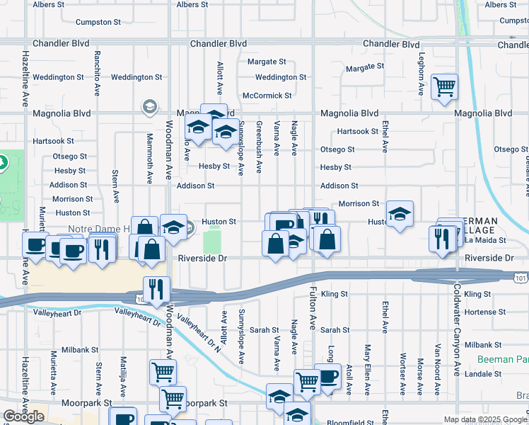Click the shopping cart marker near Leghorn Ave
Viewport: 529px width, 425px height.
click(444, 87)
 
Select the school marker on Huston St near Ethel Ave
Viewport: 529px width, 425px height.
click(400, 214)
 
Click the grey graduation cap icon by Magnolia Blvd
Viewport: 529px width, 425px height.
click(149, 107)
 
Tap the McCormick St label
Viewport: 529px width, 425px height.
click(267, 95)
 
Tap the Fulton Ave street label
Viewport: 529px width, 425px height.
click(312, 307)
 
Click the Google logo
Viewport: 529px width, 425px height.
click(23, 416)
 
